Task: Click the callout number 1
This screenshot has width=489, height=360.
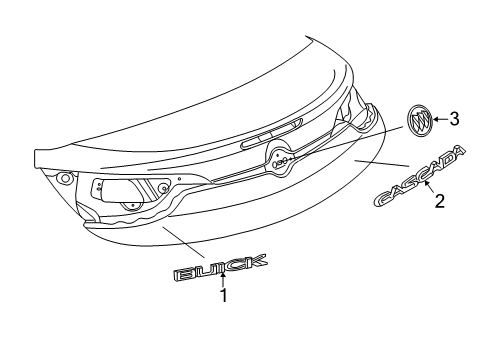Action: tap(224, 296)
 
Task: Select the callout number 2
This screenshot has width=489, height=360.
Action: tap(437, 200)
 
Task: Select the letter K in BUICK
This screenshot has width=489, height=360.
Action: tap(254, 262)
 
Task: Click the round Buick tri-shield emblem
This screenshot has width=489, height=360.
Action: tap(421, 123)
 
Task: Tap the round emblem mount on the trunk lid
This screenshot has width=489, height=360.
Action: tap(280, 159)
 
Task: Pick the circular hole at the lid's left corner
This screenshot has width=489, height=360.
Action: tap(65, 178)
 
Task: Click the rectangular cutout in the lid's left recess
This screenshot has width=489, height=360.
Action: tap(128, 190)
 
